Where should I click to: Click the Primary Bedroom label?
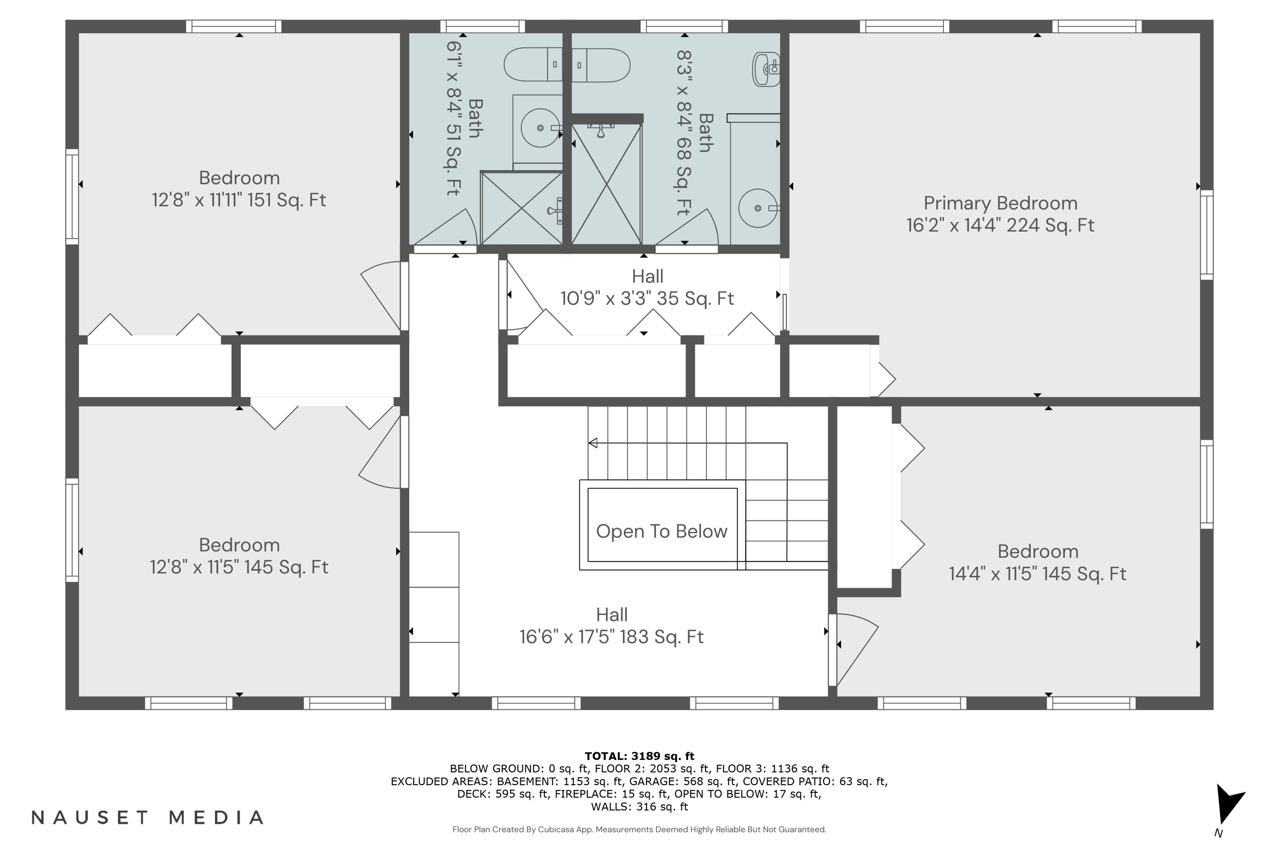[1000, 203]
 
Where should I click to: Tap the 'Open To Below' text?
[661, 531]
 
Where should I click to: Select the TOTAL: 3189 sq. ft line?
[639, 756]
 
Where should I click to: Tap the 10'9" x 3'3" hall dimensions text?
[647, 299]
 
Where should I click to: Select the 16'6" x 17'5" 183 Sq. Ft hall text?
[611, 637]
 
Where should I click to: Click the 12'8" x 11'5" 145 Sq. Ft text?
[239, 567]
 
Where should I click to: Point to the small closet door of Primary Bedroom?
[882, 379]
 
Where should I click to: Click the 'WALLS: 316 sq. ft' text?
[639, 807]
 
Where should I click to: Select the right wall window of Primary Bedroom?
[1206, 235]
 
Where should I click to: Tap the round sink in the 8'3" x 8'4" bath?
[758, 208]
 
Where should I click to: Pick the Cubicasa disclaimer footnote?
[639, 830]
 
